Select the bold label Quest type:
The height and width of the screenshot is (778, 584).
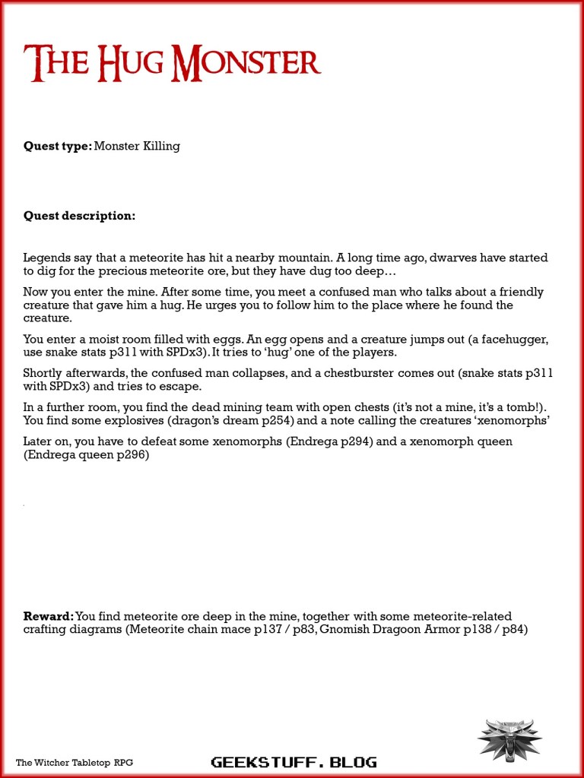click(58, 146)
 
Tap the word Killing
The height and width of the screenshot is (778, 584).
click(161, 146)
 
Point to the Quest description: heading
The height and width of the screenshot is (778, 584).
click(79, 216)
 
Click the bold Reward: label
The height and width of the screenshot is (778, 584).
click(49, 616)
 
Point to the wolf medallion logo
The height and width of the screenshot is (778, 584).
click(509, 738)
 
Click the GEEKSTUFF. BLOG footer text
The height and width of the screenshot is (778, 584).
click(293, 762)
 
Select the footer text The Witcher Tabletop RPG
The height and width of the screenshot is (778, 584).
click(75, 762)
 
